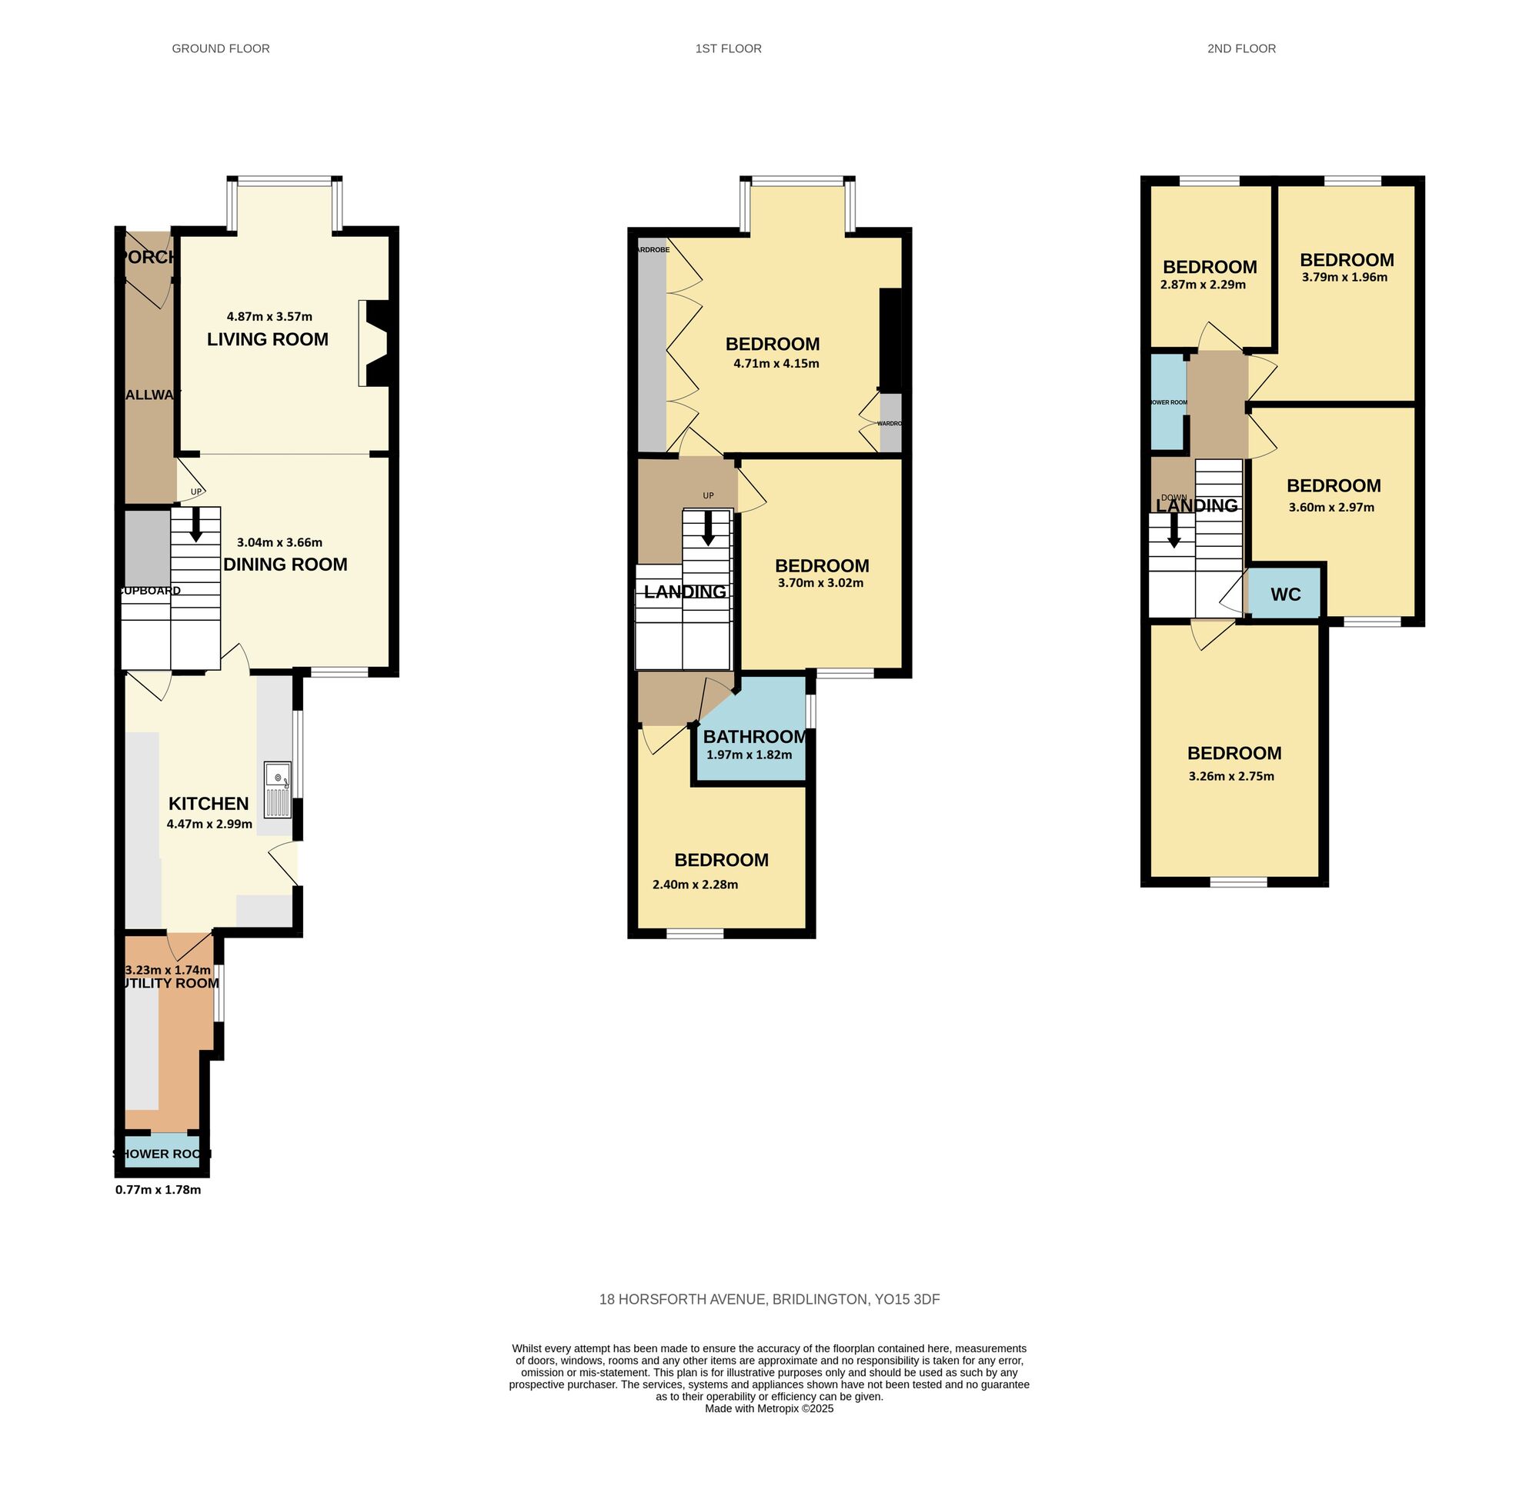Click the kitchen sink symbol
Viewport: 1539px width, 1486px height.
click(278, 790)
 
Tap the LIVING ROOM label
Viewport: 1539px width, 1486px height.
click(268, 339)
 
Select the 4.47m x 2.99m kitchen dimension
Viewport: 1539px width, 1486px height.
click(209, 825)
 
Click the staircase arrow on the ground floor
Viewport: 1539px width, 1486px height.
click(196, 525)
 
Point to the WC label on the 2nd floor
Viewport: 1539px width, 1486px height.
click(1285, 595)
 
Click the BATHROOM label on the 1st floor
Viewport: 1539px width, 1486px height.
click(754, 736)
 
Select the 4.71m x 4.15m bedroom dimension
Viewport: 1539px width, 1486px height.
click(776, 364)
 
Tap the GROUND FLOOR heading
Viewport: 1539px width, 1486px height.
click(221, 48)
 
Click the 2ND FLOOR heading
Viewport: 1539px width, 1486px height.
click(1241, 48)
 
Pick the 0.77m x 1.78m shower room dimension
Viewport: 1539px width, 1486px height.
click(158, 1189)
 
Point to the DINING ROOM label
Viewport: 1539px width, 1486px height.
click(285, 565)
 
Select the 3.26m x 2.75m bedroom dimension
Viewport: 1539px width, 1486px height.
click(1231, 776)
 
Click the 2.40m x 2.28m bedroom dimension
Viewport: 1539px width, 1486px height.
click(695, 885)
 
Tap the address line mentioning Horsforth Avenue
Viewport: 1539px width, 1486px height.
click(769, 1299)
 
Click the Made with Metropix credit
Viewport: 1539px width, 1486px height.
click(769, 1408)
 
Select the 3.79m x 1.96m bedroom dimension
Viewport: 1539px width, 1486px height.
click(1344, 277)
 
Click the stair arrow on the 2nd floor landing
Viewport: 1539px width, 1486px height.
click(1174, 531)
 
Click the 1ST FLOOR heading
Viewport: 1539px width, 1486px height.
click(728, 48)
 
